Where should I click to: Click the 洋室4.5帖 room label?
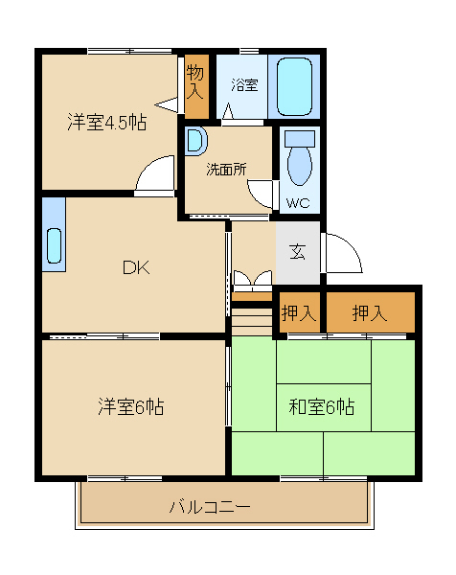107,122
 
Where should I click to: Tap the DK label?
136,267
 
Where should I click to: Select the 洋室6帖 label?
131,406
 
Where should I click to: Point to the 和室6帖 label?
322,406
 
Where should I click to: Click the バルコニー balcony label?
210,507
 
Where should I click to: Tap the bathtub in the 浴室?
295,86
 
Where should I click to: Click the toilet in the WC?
300,158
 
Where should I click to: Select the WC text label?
298,203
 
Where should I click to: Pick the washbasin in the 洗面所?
195,141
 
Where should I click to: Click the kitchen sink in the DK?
54,245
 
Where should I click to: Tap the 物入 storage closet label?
194,82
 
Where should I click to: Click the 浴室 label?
244,85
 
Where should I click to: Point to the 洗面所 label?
226,170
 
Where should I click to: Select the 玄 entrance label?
297,251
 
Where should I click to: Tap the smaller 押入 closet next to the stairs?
299,312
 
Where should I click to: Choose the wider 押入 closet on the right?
370,312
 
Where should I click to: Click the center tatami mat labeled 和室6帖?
324,407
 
